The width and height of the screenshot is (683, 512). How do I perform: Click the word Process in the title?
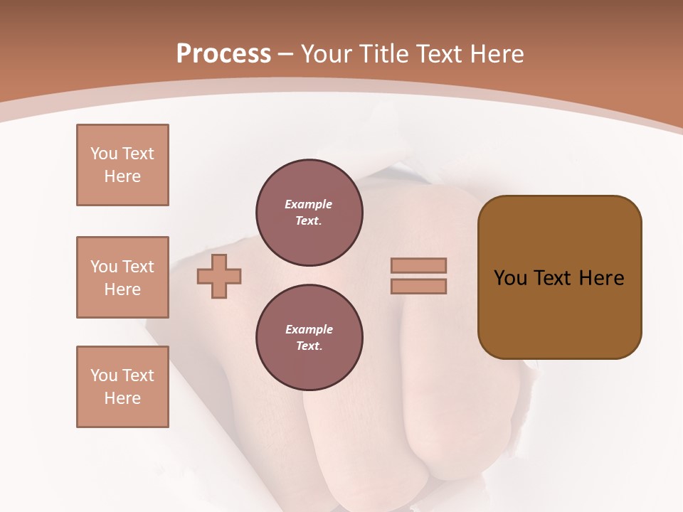point(223,54)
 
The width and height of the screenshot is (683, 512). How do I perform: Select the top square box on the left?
point(122,165)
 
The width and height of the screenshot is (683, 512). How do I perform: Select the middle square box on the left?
point(122,277)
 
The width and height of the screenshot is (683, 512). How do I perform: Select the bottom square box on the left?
point(122,387)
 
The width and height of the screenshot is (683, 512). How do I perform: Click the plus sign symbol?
point(219,276)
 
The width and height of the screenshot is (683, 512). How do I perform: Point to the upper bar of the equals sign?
point(419,265)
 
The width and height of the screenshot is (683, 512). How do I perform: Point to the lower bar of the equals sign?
point(419,286)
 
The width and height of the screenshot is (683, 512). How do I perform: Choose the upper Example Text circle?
point(309,213)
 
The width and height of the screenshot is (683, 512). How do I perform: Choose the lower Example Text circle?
point(309,338)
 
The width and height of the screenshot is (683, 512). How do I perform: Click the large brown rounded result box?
point(559,313)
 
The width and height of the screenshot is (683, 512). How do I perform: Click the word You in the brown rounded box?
point(509,278)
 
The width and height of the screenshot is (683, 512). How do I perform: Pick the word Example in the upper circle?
point(309,204)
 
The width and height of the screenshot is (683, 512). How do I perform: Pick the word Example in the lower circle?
point(309,329)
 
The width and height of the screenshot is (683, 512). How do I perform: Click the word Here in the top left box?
point(122,176)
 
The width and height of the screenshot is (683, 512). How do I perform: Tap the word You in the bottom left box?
point(104,375)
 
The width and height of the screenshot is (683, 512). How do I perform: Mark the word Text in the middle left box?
point(137,267)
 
